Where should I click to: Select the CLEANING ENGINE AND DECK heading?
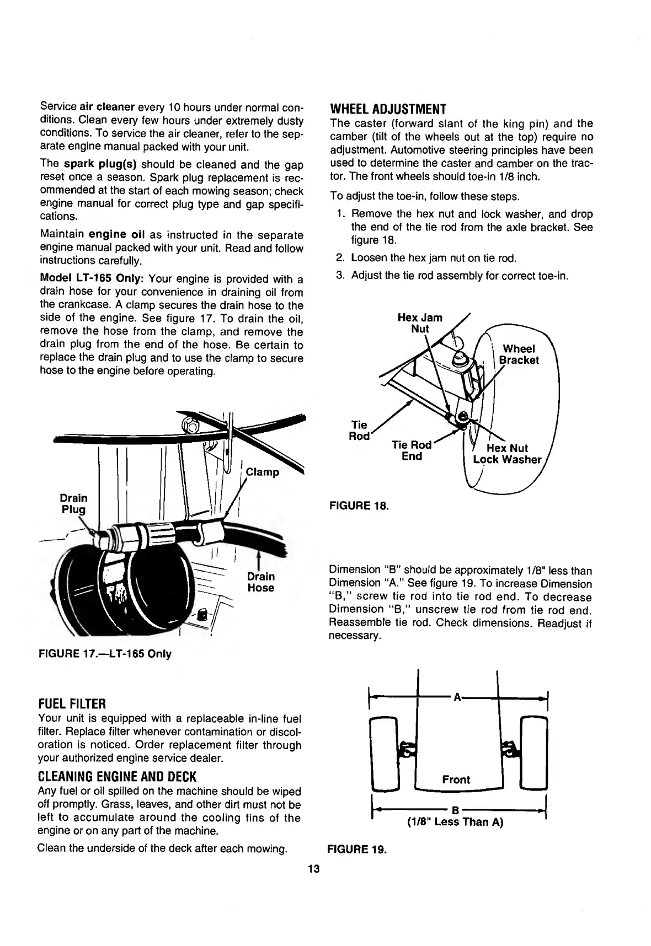(x=117, y=777)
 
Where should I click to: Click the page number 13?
(x=314, y=869)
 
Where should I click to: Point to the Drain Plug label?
(x=73, y=504)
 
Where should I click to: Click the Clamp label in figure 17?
(x=263, y=472)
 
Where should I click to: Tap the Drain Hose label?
(x=261, y=582)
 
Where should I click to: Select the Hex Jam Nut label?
(x=420, y=324)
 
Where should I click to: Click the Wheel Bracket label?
(x=519, y=354)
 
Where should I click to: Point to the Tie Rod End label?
(x=412, y=450)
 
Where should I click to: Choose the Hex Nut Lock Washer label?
(x=508, y=454)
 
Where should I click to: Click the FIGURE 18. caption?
(x=359, y=505)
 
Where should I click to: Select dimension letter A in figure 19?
(x=457, y=697)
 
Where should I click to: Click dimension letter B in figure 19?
(x=455, y=810)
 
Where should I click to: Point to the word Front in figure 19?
(x=456, y=780)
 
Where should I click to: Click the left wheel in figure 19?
(x=385, y=752)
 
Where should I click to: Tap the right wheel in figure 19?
(x=534, y=752)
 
